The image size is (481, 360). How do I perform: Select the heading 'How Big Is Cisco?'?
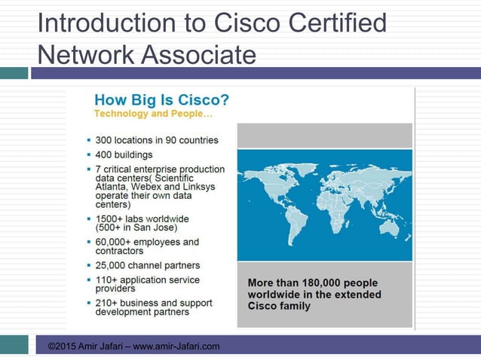[161, 100]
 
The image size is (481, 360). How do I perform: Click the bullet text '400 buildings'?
[124, 154]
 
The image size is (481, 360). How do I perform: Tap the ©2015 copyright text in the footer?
[62, 346]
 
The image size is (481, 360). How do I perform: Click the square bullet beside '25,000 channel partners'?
[89, 266]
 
